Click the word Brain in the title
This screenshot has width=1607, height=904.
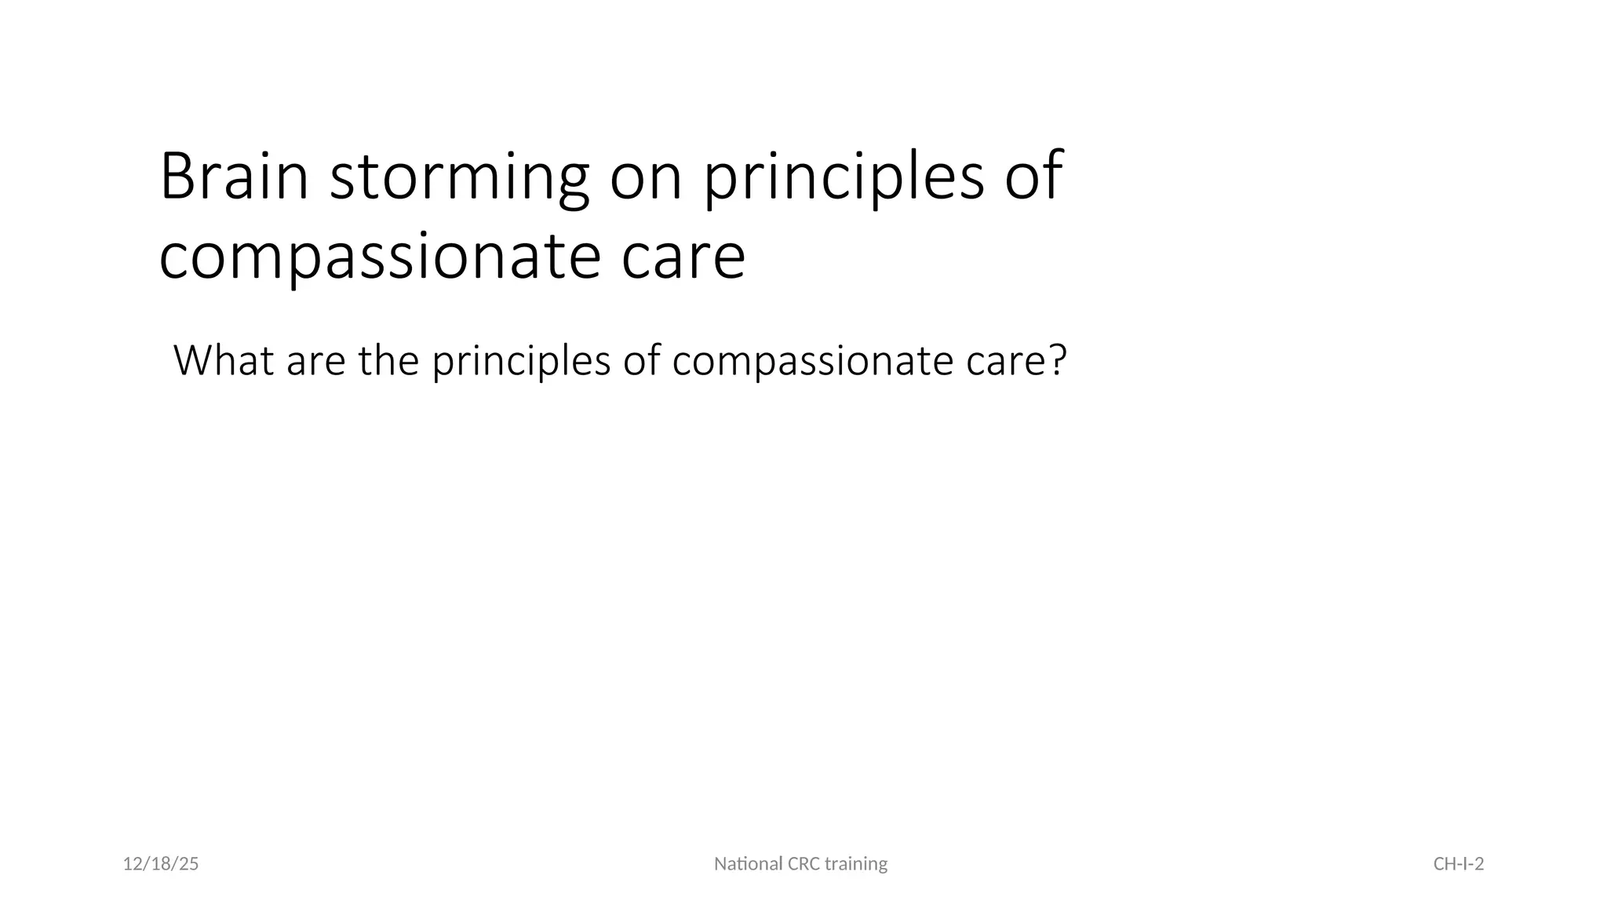pyautogui.click(x=234, y=177)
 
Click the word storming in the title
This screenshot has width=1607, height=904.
pyautogui.click(x=459, y=179)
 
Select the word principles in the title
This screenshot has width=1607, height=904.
pyautogui.click(x=843, y=179)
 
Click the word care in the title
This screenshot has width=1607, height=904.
pyautogui.click(x=683, y=259)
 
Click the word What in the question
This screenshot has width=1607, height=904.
pyautogui.click(x=224, y=361)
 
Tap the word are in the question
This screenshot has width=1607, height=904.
pyautogui.click(x=315, y=363)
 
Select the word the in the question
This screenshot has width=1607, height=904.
pyautogui.click(x=388, y=361)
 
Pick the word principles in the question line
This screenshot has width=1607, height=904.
pyautogui.click(x=521, y=363)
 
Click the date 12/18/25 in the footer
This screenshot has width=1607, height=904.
pyautogui.click(x=161, y=864)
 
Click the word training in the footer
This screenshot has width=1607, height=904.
pyautogui.click(x=856, y=864)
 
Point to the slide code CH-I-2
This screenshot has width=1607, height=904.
pyautogui.click(x=1458, y=864)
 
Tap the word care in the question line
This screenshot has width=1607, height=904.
pyautogui.click(x=1005, y=363)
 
